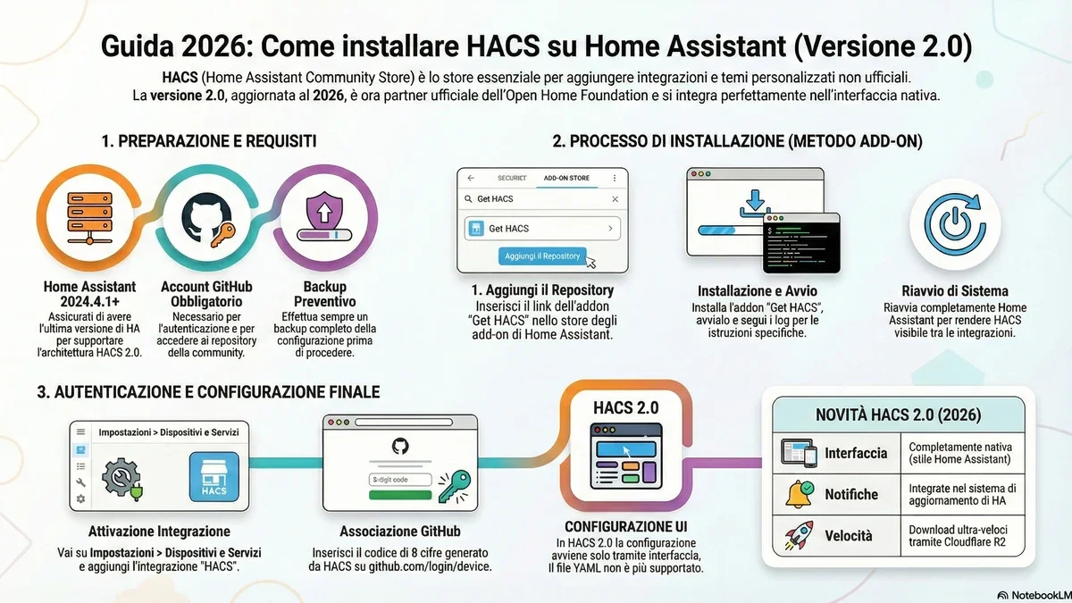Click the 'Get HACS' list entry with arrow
click(x=542, y=229)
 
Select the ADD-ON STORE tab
click(x=566, y=178)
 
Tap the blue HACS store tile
click(x=214, y=477)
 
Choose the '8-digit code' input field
click(x=400, y=480)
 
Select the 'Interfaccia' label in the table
click(x=856, y=453)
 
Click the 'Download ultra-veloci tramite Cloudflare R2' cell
click(x=960, y=535)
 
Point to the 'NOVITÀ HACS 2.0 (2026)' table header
click(x=898, y=415)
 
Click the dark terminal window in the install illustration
click(x=802, y=244)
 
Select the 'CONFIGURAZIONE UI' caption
click(x=625, y=526)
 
